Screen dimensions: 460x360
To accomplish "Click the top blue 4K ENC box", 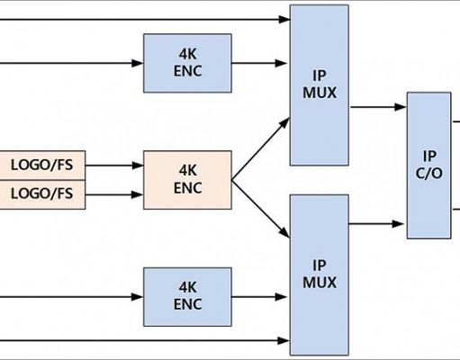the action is pyautogui.click(x=187, y=63).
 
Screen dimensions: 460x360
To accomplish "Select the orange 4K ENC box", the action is pyautogui.click(x=187, y=180).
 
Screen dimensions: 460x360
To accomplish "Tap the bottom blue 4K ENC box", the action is pyautogui.click(x=187, y=297).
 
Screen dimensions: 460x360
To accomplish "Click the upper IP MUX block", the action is pyautogui.click(x=320, y=85).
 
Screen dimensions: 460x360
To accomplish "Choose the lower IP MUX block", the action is pyautogui.click(x=320, y=274).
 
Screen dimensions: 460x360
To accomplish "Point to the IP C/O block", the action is pyautogui.click(x=428, y=166).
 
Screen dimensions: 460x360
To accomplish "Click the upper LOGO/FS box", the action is pyautogui.click(x=42, y=166).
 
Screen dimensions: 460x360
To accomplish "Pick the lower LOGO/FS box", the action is pyautogui.click(x=42, y=194).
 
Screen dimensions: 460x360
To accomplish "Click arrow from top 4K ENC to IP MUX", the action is pyautogui.click(x=259, y=63).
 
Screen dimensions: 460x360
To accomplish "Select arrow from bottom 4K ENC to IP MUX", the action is pyautogui.click(x=259, y=297).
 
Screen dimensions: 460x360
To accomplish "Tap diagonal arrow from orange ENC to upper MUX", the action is pyautogui.click(x=261, y=148).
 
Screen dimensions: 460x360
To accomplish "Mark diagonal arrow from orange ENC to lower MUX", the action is pyautogui.click(x=261, y=209).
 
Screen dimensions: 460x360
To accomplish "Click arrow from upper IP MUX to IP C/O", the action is pyautogui.click(x=378, y=107).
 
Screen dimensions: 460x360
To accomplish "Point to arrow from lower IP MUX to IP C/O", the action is pyautogui.click(x=376, y=224).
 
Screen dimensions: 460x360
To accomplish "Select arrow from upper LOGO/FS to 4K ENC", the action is pyautogui.click(x=114, y=166).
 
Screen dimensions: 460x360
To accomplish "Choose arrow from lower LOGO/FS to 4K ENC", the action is pyautogui.click(x=114, y=194).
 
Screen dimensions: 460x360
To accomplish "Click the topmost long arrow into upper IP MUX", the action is pyautogui.click(x=145, y=20).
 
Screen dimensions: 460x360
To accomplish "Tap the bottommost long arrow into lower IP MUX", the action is pyautogui.click(x=145, y=340).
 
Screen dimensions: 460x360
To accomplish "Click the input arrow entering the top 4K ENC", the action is pyautogui.click(x=72, y=63).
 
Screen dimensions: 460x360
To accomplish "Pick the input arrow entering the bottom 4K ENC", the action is pyautogui.click(x=72, y=297).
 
